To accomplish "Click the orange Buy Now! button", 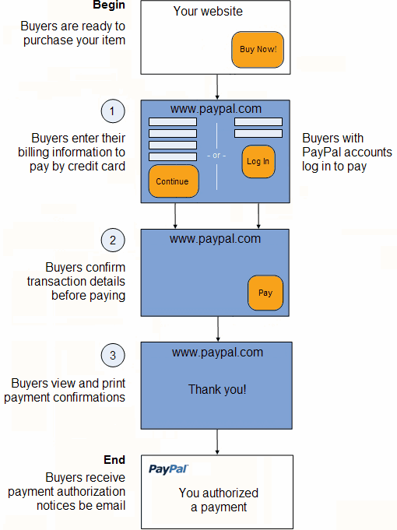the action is pos(258,50).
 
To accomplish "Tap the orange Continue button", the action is pos(174,181).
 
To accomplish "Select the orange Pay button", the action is pos(265,293).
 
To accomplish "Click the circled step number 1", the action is pos(113,111).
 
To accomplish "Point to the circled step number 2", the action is pos(113,240).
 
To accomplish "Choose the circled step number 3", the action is pos(113,355).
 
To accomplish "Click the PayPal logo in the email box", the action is pos(168,469).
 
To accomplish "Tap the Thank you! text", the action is pos(217,389).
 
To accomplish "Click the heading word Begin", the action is pos(109,5).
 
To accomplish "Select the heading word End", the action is pos(114,460).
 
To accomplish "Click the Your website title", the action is pos(208,11).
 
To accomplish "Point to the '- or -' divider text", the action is pos(216,156).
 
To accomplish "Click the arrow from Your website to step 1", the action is pos(217,87).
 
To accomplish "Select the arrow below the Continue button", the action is pos(175,216).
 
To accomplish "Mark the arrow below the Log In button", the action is pos(258,216).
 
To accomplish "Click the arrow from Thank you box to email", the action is pos(217,442).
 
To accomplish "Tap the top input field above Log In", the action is pos(258,121).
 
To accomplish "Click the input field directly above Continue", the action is pos(173,156).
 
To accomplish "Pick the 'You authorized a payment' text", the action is pos(219,500).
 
